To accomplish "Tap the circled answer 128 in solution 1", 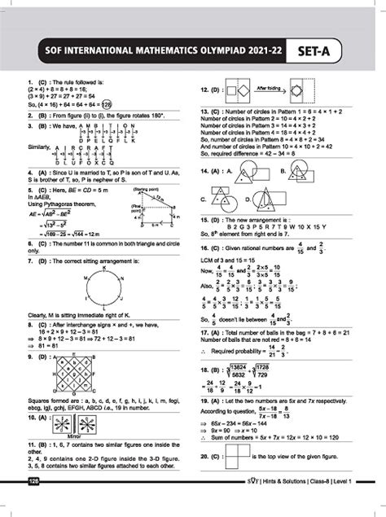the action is (x=108, y=104).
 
